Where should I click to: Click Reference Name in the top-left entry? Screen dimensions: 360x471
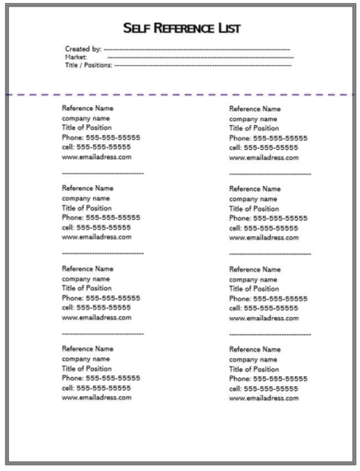click(87, 108)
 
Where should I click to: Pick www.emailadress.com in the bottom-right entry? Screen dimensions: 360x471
click(264, 398)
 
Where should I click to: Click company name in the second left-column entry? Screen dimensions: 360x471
click(86, 198)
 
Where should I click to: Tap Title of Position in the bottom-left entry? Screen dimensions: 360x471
click(86, 368)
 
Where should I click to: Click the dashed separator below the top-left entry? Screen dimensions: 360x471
click(102, 173)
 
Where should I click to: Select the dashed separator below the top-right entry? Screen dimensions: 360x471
click(269, 174)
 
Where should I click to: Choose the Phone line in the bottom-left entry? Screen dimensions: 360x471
click(101, 378)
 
